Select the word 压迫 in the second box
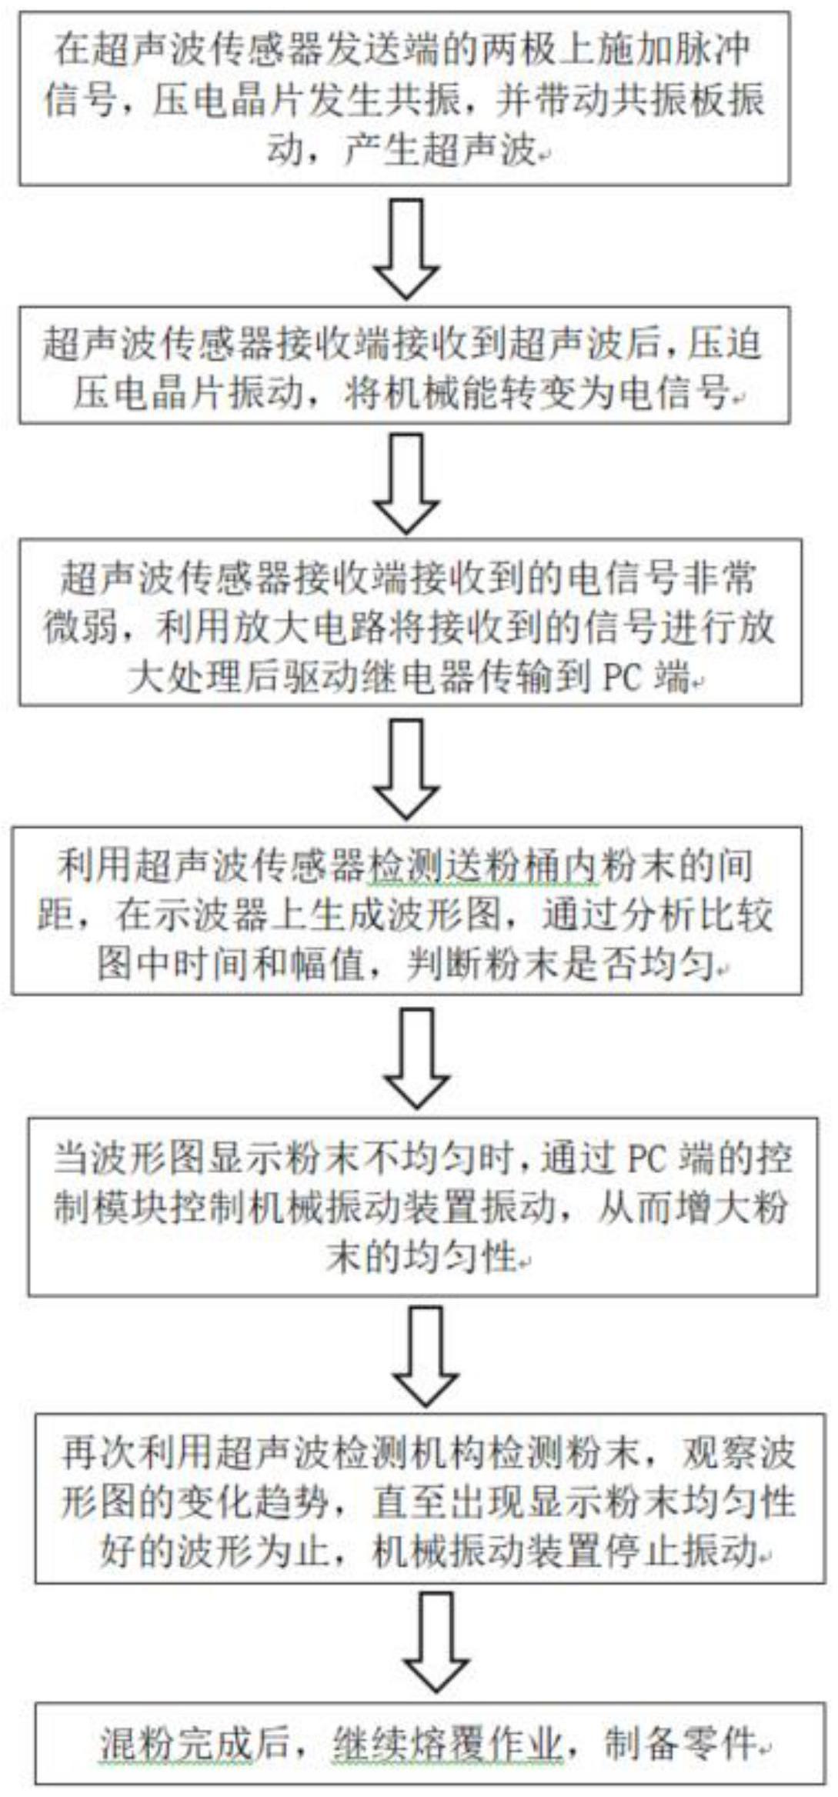point(725,344)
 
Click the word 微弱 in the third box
point(81,628)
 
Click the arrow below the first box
point(406,248)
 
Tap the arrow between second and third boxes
point(406,483)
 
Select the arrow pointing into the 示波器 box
point(406,769)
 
